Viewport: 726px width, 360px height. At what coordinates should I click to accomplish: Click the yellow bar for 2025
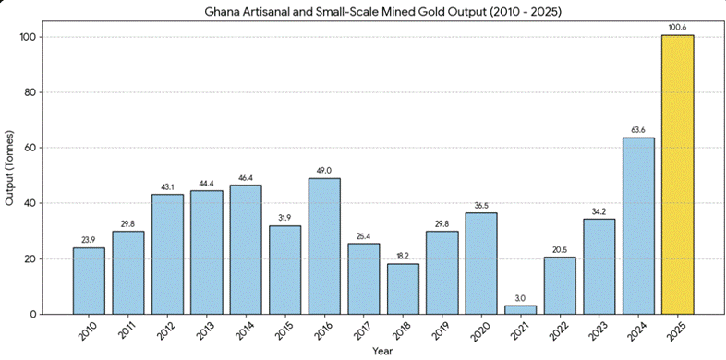(x=677, y=174)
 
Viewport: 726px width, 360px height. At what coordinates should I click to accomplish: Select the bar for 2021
(x=520, y=309)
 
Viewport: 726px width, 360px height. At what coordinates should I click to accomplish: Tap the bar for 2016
(x=324, y=246)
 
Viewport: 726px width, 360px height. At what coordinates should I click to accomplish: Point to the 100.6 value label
(x=677, y=28)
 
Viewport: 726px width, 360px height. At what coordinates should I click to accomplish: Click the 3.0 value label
(x=520, y=298)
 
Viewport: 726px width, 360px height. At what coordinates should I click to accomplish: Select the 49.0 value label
(x=324, y=171)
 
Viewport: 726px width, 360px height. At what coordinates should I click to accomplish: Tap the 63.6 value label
(x=638, y=130)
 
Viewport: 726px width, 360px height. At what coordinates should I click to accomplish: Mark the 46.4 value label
(x=246, y=177)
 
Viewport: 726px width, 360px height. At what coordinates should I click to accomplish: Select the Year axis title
(x=382, y=351)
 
